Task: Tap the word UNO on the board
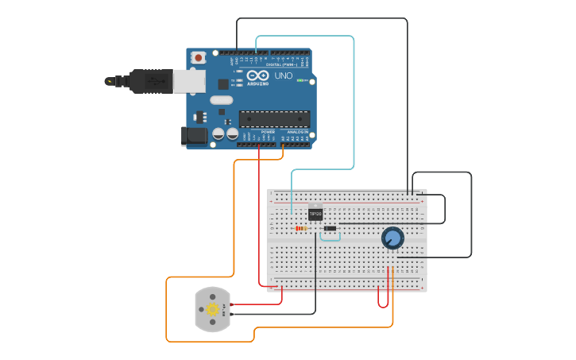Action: click(x=283, y=76)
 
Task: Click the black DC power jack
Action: click(x=195, y=136)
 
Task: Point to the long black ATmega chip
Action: click(x=275, y=119)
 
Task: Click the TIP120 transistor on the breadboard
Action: click(x=315, y=212)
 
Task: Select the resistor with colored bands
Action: click(x=301, y=229)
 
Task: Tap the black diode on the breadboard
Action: click(x=330, y=229)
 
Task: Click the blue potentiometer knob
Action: click(x=392, y=237)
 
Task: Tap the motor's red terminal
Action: click(x=232, y=304)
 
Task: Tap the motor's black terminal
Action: click(x=232, y=315)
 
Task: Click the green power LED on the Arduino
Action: click(x=300, y=80)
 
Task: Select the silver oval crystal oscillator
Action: click(x=221, y=100)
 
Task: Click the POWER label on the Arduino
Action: click(x=257, y=132)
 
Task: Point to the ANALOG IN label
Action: click(x=297, y=132)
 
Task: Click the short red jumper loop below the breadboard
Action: click(x=383, y=298)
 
